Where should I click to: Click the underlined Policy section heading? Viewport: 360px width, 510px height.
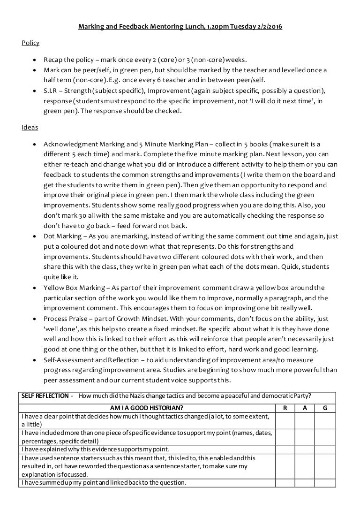coord(30,43)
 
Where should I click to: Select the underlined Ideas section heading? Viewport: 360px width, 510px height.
coord(30,127)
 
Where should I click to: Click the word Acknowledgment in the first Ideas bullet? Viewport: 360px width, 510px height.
coord(70,144)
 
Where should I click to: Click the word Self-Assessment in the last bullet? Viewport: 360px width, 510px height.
coord(67,359)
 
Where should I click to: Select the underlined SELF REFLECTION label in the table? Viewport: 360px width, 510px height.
coord(45,396)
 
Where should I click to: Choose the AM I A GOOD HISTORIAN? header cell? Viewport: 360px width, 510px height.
coord(146,408)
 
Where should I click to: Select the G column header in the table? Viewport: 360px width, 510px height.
coord(325,408)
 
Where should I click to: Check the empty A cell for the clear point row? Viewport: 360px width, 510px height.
coord(305,420)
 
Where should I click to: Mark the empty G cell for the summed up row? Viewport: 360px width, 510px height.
coord(325,482)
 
